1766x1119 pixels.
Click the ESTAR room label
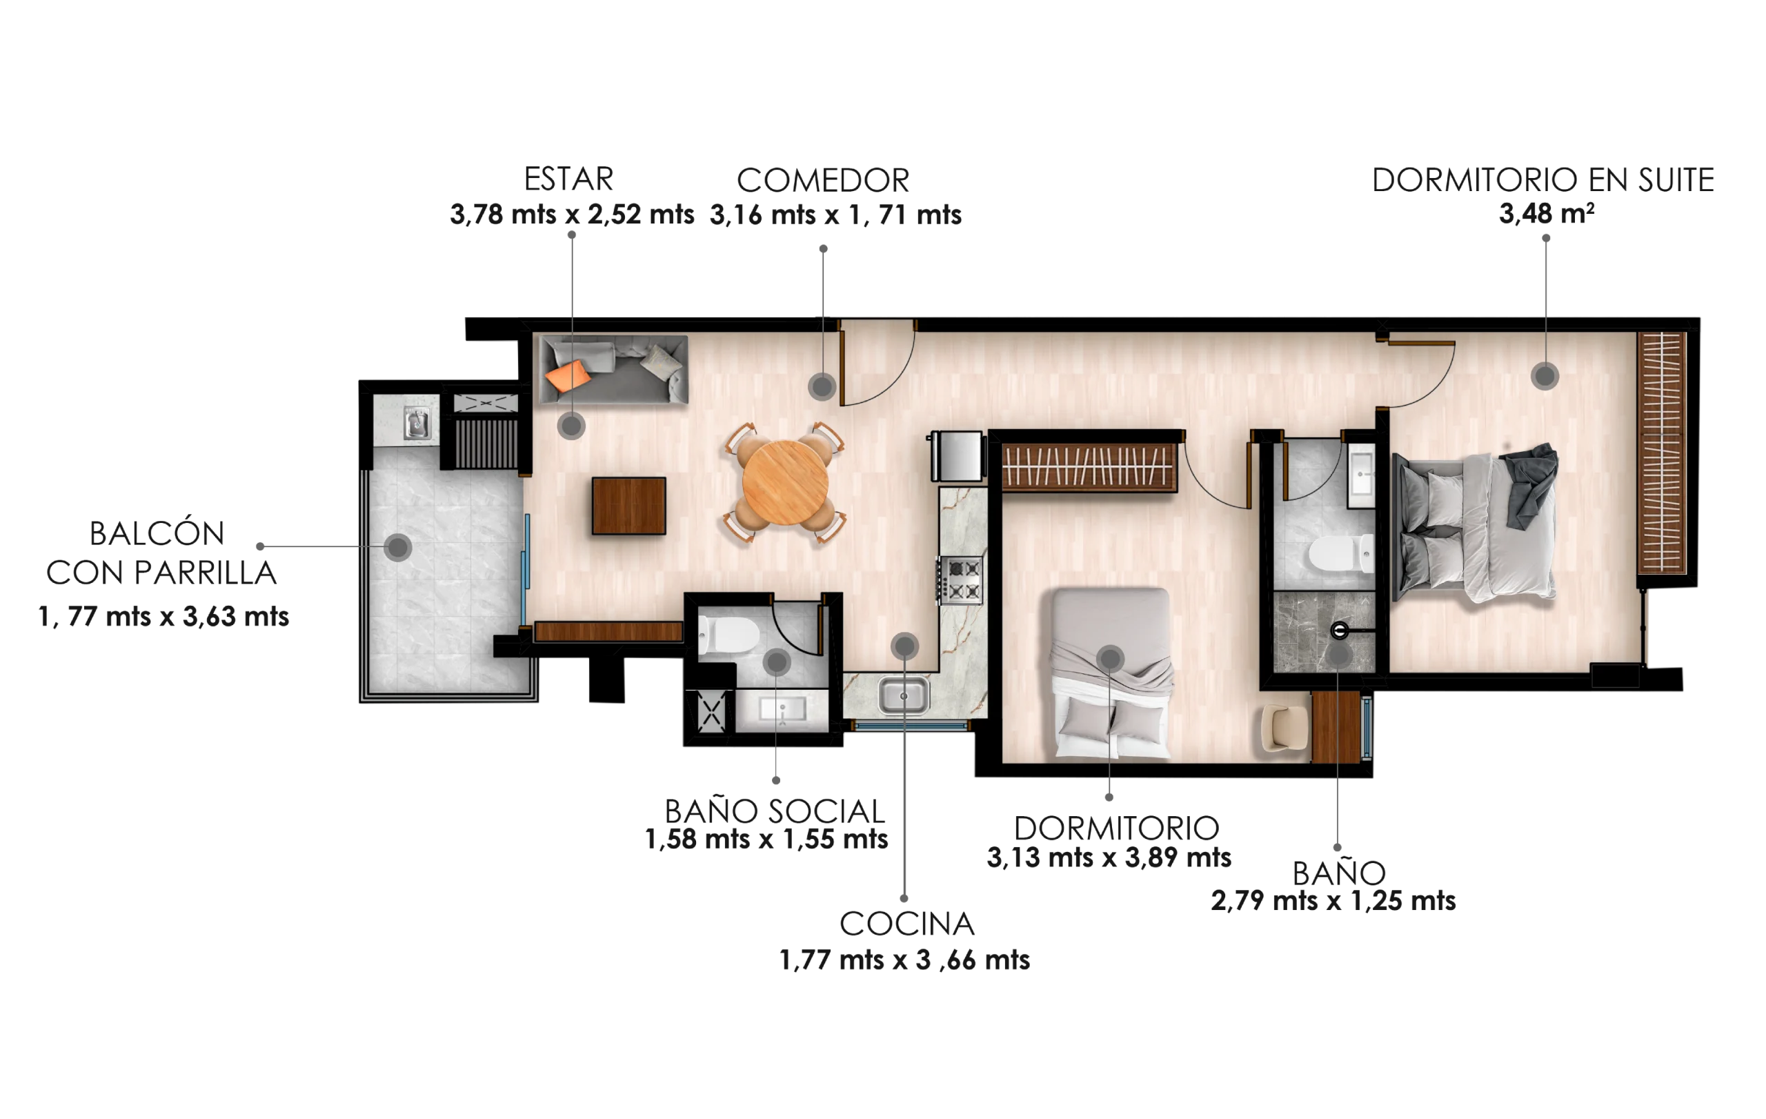pos(568,179)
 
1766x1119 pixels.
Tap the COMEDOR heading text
pos(823,180)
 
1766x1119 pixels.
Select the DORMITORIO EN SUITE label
pos(1543,179)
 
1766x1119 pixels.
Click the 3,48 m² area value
pos(1546,213)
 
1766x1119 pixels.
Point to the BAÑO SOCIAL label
pos(775,811)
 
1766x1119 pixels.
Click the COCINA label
pos(907,924)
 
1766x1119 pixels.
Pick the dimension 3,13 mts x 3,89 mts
pos(1109,858)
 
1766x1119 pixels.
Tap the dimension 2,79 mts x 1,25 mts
pos(1333,900)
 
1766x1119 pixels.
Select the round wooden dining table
pos(786,482)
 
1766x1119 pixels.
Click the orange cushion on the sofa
pos(568,376)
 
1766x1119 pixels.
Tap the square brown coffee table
pos(628,506)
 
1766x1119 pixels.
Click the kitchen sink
pos(904,695)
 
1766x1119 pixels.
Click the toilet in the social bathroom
pos(729,635)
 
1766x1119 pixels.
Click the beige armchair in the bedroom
pos(1284,728)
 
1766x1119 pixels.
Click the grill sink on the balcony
pos(417,424)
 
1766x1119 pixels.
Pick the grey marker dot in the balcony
pos(398,547)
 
